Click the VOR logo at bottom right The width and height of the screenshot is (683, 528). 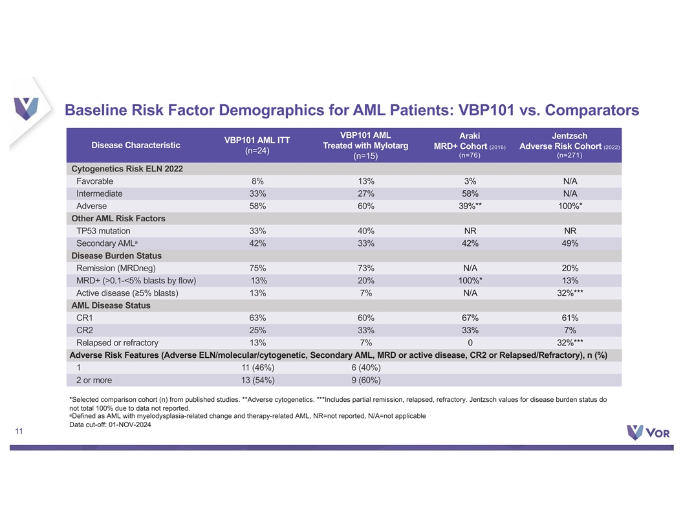(x=648, y=432)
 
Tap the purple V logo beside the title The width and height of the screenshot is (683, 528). (x=26, y=109)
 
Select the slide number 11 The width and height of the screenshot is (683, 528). (x=19, y=432)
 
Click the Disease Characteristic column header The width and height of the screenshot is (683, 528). (x=135, y=145)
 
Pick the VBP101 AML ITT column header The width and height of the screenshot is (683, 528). (x=257, y=145)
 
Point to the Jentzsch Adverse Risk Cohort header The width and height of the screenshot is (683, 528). (x=569, y=145)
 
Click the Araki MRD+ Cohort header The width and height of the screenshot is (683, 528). (x=470, y=145)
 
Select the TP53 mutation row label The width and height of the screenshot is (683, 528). (x=103, y=231)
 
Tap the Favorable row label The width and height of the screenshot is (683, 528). (x=94, y=181)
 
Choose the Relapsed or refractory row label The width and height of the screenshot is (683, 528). (x=117, y=343)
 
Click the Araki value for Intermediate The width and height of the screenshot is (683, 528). (x=470, y=193)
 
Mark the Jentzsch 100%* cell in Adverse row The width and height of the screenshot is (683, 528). (x=570, y=206)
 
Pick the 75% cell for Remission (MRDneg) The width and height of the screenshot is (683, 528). (x=257, y=269)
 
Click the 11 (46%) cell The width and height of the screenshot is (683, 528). (x=258, y=368)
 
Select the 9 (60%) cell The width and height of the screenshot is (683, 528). (x=366, y=380)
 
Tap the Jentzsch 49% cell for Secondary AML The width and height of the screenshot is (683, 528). (x=570, y=243)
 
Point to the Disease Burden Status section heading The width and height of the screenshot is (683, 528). (x=116, y=256)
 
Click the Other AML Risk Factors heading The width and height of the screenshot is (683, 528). (x=118, y=219)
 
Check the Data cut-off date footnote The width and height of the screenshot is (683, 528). (x=110, y=424)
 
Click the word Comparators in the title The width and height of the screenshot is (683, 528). (x=592, y=110)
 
